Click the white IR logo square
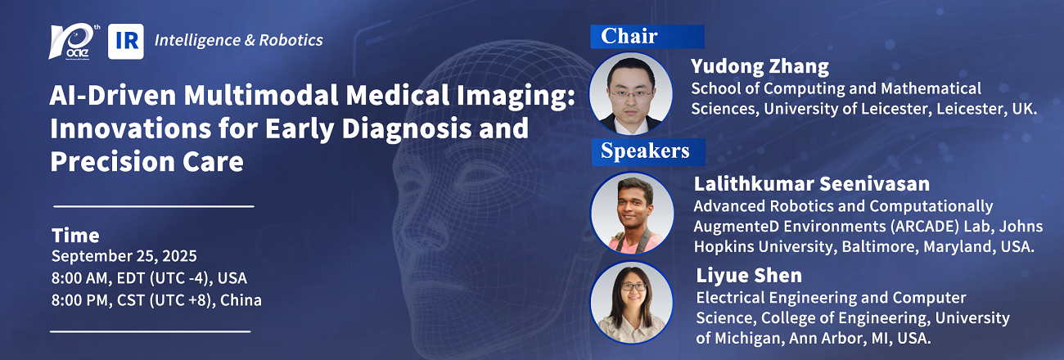(x=125, y=42)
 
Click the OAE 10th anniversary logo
(x=74, y=42)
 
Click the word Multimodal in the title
(x=261, y=95)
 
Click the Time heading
(x=75, y=235)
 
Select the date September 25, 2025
(x=124, y=256)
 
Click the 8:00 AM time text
(x=81, y=278)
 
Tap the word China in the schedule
(x=241, y=300)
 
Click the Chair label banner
(x=647, y=37)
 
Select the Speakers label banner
(x=648, y=152)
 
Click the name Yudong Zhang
(x=760, y=66)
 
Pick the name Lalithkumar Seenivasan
(x=811, y=184)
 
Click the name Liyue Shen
(x=749, y=276)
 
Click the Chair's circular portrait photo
(x=631, y=93)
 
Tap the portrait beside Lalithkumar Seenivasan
(x=632, y=213)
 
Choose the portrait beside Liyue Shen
(x=632, y=303)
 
